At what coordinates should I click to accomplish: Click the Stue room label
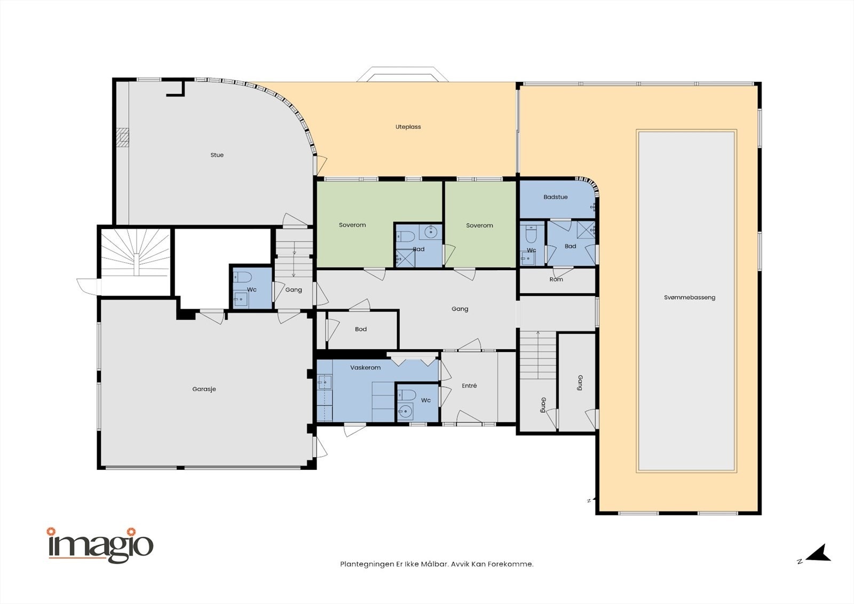[217, 155]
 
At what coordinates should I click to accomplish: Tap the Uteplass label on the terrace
[408, 127]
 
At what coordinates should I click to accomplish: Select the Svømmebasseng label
[690, 297]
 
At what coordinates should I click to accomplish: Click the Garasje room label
[204, 389]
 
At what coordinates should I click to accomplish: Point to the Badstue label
[556, 197]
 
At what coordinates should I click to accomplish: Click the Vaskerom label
[365, 367]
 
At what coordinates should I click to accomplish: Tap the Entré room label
[469, 386]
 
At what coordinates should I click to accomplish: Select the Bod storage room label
[361, 329]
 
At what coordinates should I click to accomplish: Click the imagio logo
[100, 545]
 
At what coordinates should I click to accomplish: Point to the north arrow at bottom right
[818, 554]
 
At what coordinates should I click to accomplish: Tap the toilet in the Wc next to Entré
[407, 395]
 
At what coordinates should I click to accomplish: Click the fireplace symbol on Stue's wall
[123, 137]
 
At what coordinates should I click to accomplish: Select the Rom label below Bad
[556, 279]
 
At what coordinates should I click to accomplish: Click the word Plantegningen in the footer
[363, 564]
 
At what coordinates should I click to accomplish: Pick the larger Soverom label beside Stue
[352, 225]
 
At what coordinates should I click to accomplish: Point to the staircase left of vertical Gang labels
[537, 355]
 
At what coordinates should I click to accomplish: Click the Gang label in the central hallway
[460, 309]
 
